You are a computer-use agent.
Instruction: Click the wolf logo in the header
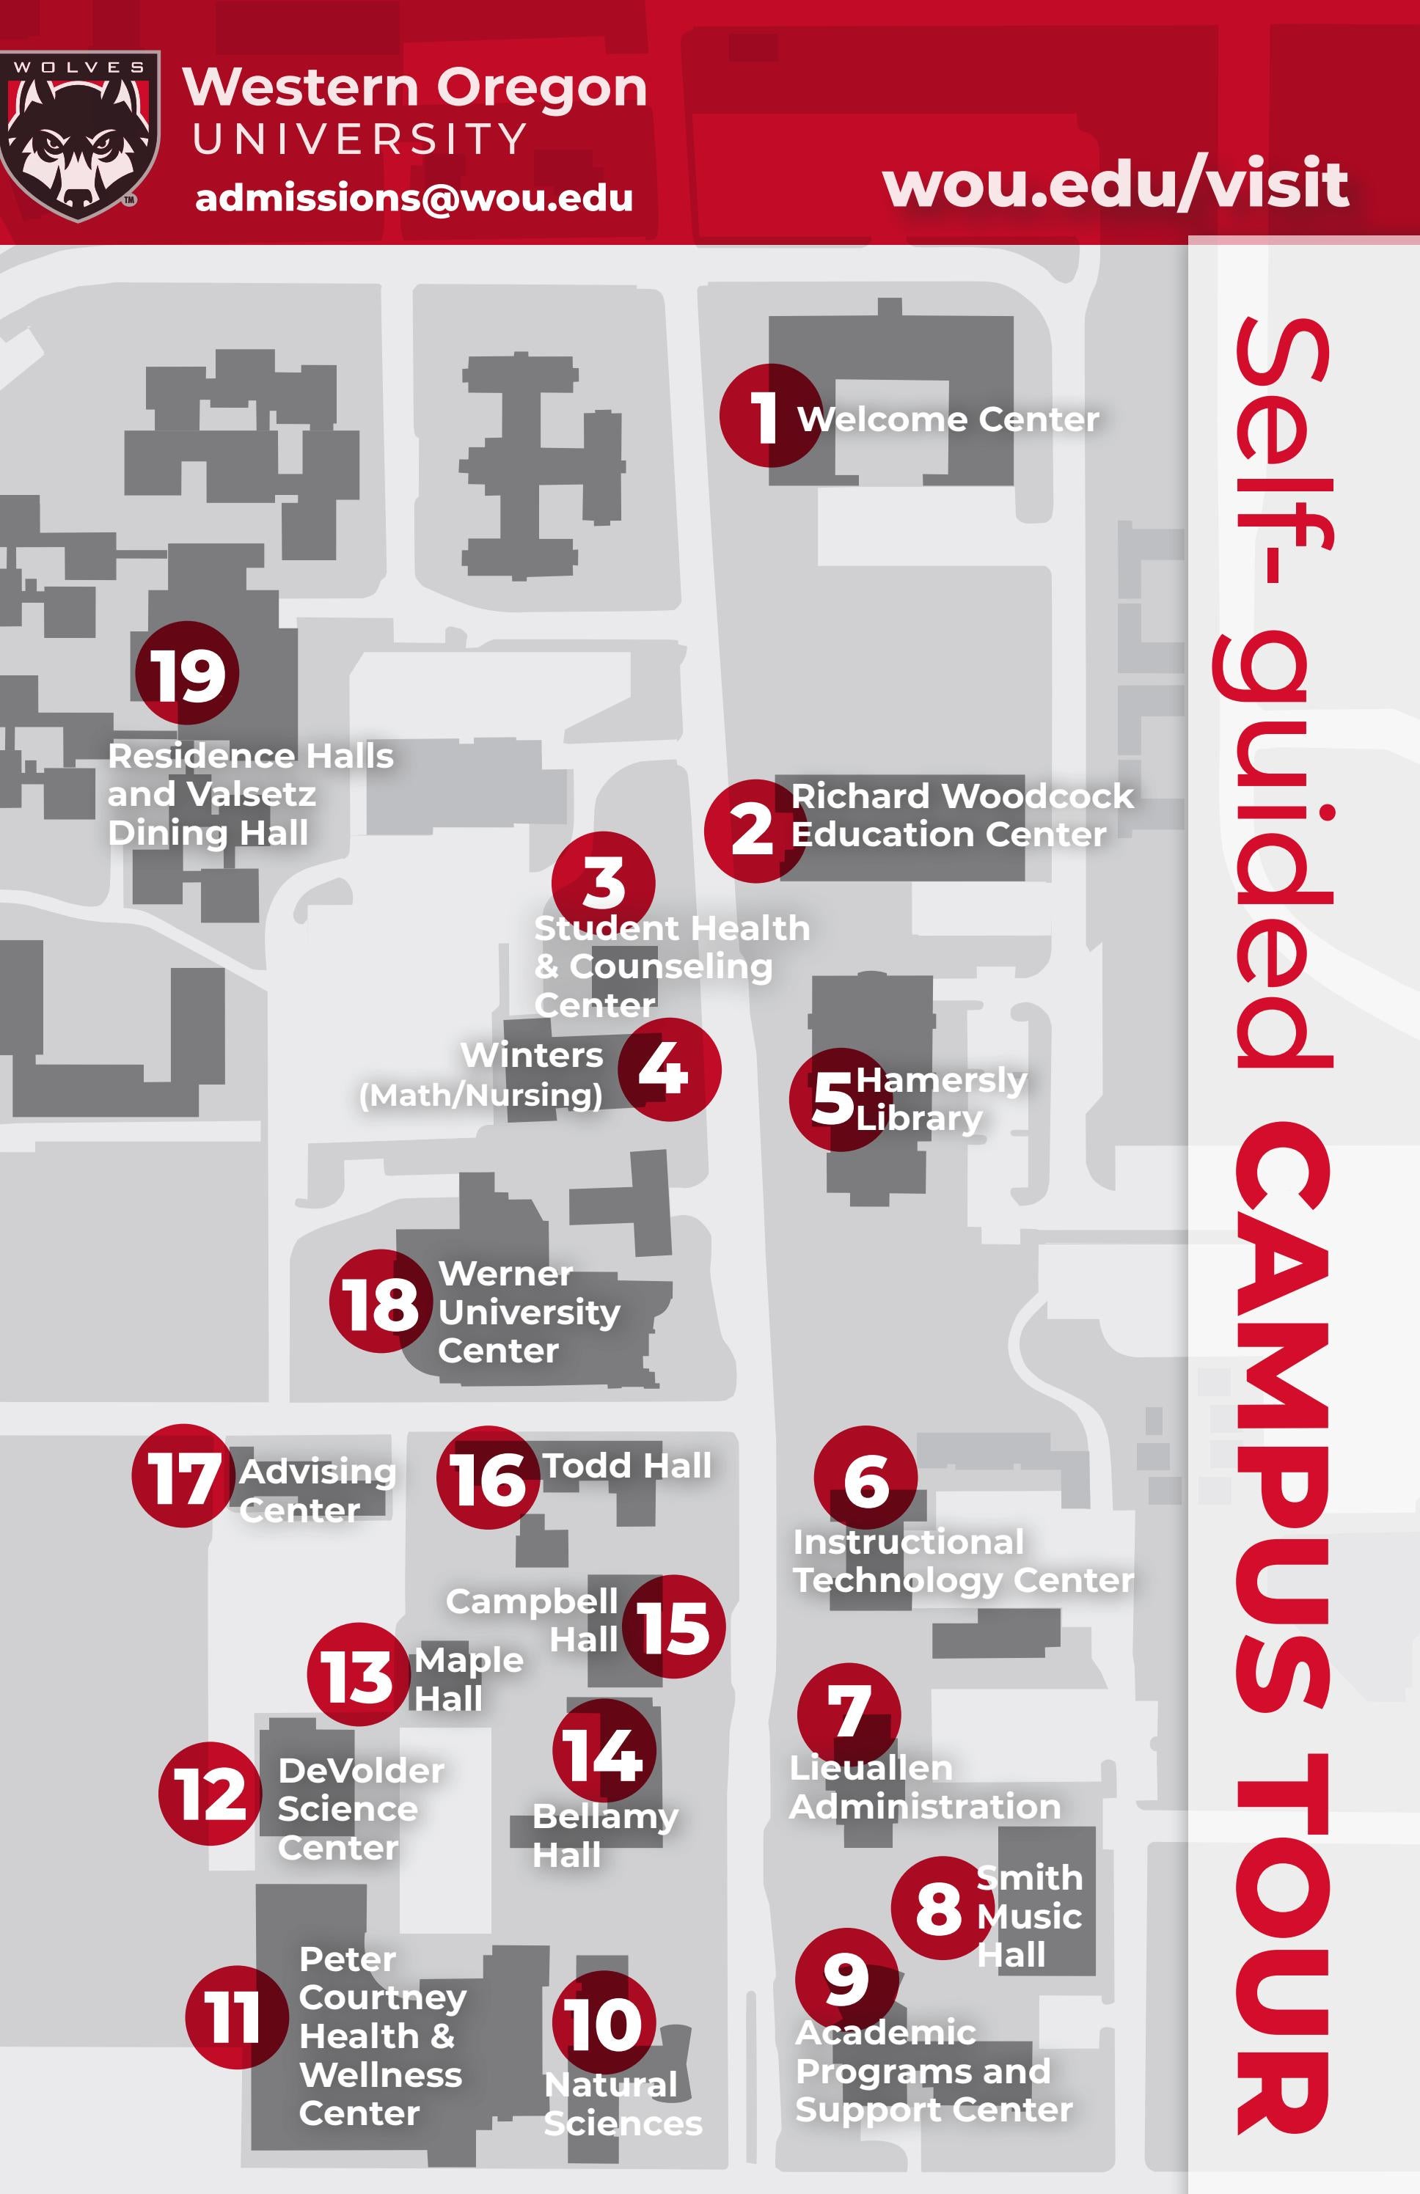[x=78, y=136]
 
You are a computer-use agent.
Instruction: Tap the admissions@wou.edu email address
[x=414, y=198]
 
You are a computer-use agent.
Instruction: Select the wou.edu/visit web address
[x=1116, y=183]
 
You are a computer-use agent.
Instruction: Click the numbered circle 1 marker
[x=770, y=416]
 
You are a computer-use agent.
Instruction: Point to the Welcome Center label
[x=948, y=419]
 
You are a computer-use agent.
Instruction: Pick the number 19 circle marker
[x=187, y=674]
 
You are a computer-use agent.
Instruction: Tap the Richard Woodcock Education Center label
[x=961, y=815]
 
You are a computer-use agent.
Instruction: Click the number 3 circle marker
[x=603, y=883]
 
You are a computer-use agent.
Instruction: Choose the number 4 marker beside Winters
[x=668, y=1069]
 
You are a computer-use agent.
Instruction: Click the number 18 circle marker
[x=381, y=1302]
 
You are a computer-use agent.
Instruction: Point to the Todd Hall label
[x=627, y=1466]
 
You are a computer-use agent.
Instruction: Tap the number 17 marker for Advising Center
[x=183, y=1476]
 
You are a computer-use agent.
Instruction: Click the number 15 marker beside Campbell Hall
[x=674, y=1626]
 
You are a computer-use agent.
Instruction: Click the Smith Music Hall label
[x=1028, y=1917]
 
